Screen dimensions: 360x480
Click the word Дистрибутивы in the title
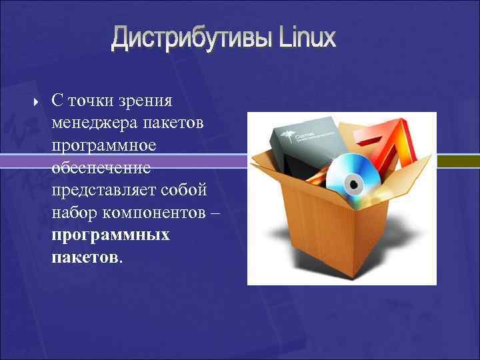coord(191,38)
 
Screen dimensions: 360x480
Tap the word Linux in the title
coord(307,37)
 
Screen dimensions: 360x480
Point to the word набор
coord(71,212)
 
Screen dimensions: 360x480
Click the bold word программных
coord(110,235)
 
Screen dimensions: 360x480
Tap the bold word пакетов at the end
coord(85,257)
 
